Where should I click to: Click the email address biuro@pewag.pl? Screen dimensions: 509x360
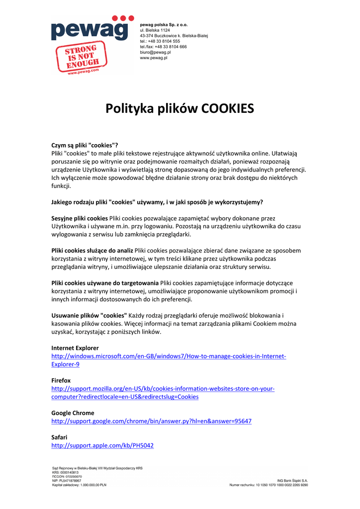point(155,52)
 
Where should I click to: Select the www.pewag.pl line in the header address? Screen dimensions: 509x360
point(154,58)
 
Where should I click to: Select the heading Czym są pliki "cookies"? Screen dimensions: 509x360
point(85,146)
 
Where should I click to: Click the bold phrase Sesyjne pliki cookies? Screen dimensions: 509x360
point(80,218)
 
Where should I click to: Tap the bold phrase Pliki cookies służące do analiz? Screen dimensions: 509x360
point(92,251)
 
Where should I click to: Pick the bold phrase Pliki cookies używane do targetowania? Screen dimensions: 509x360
point(105,283)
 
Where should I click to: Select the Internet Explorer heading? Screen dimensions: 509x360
point(75,348)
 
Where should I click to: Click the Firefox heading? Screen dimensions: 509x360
point(61,380)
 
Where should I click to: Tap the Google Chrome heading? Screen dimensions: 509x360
point(73,413)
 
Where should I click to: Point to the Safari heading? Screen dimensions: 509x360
point(59,437)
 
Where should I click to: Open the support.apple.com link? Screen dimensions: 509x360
point(102,446)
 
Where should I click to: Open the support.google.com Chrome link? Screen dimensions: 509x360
point(151,421)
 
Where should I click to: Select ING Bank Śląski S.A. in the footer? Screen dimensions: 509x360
point(292,481)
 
